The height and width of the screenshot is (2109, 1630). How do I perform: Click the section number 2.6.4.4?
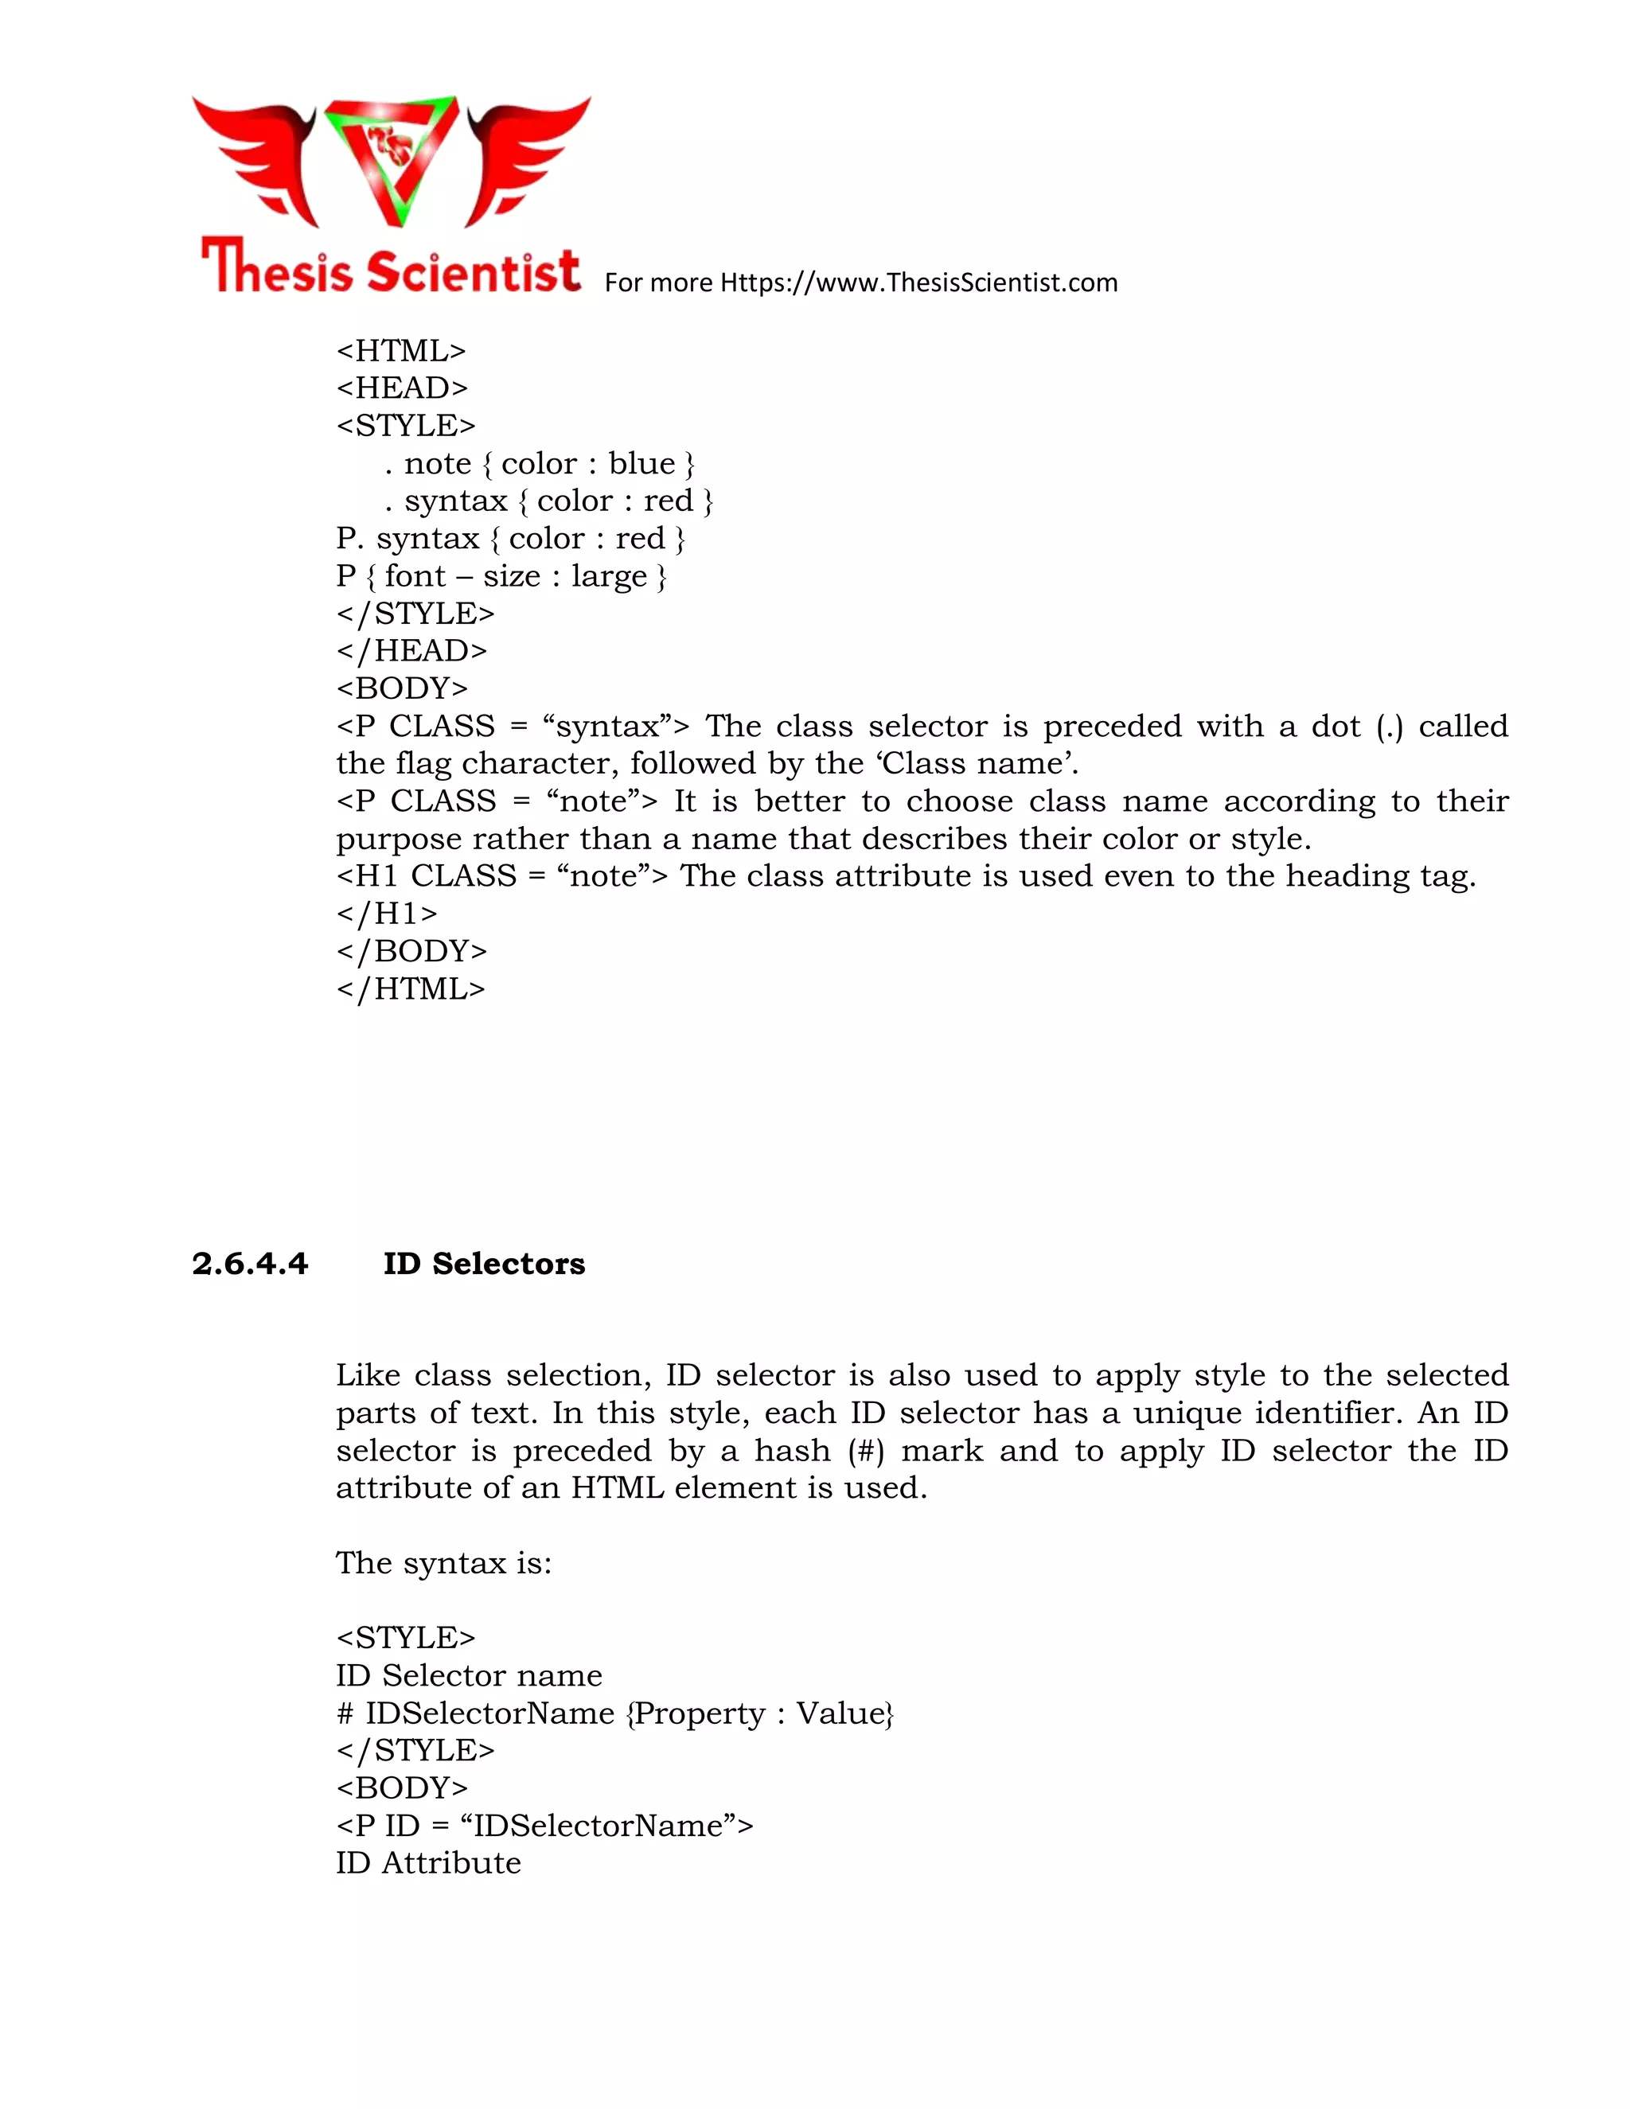(x=249, y=1263)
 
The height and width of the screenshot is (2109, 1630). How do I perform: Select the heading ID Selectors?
(x=484, y=1263)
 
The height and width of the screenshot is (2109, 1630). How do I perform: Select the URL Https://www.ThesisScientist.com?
(x=918, y=283)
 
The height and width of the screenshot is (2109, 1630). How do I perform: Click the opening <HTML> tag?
(x=401, y=350)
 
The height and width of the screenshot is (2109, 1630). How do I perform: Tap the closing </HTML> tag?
(x=411, y=988)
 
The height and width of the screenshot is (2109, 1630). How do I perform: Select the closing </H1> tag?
(x=386, y=914)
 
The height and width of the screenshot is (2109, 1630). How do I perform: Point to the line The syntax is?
(x=443, y=1562)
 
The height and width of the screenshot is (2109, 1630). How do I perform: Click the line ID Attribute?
(x=427, y=1863)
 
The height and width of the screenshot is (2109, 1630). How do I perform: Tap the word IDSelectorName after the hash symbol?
(x=489, y=1713)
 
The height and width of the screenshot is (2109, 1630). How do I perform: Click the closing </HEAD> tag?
(x=411, y=651)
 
